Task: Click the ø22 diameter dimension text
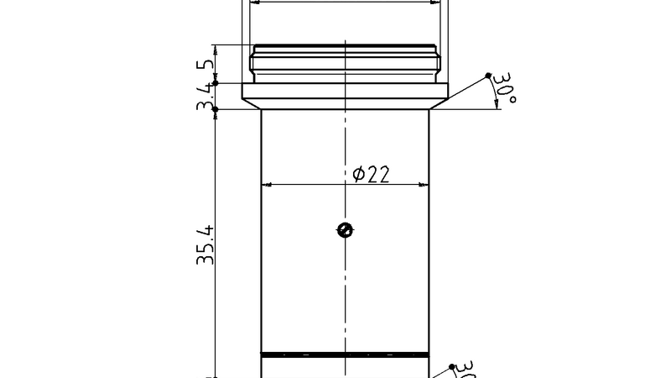point(372,174)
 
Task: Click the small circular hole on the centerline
point(344,230)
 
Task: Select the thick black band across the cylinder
point(345,354)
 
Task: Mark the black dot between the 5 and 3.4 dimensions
point(216,82)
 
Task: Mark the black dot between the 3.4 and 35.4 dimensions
point(216,109)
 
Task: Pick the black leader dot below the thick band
point(452,367)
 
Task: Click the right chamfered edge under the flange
point(438,105)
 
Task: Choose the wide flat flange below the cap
point(345,91)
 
